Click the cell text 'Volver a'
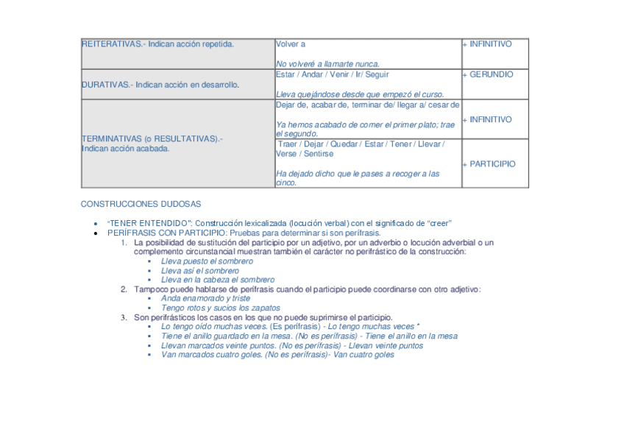pos(291,44)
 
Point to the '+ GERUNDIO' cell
pos(488,74)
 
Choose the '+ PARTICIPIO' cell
pos(489,164)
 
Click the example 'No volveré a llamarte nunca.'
pos(327,65)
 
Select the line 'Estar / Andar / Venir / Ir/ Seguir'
pos(333,74)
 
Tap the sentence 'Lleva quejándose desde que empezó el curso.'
pos(360,95)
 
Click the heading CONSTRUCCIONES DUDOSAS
pos(141,204)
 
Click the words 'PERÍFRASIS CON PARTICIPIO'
pos(166,233)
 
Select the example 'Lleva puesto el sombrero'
pos(207,261)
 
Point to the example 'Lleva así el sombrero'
pos(200,271)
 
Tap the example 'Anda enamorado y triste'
pos(205,299)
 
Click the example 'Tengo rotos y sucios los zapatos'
pos(220,308)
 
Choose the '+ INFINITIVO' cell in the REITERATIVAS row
pos(487,44)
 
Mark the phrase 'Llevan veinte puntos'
pos(386,345)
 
